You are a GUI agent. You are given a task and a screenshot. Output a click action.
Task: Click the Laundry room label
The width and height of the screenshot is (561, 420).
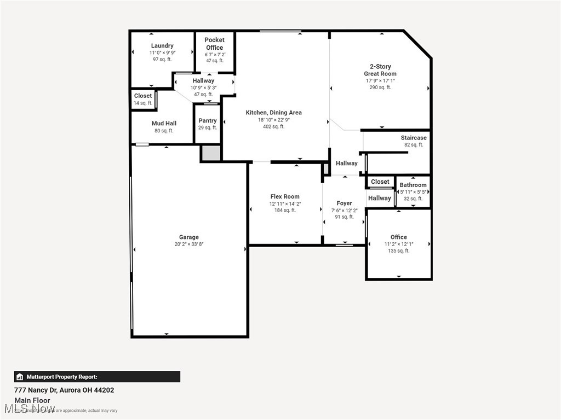[x=162, y=45]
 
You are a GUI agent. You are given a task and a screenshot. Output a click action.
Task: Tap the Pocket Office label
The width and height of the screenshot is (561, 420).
[x=214, y=44]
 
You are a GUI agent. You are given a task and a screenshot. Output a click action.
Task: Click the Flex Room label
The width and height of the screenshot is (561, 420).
[x=285, y=196]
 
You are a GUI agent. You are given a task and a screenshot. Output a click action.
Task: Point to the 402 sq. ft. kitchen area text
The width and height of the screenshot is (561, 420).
[x=273, y=126]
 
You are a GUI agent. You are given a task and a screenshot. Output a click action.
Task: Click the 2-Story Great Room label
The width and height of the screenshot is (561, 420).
[x=380, y=70]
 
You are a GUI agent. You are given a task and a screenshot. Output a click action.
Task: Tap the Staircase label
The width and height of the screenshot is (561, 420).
[x=414, y=138]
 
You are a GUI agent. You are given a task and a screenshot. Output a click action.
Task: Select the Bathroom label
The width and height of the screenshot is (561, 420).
[x=413, y=185]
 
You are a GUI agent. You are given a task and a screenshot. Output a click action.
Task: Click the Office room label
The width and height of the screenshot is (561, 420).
[x=398, y=237]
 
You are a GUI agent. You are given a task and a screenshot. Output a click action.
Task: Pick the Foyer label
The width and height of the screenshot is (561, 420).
[x=344, y=203]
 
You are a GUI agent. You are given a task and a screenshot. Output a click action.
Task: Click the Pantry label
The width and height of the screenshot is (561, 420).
[x=208, y=120]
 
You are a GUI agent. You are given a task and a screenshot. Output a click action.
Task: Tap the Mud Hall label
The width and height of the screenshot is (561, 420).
[x=164, y=123]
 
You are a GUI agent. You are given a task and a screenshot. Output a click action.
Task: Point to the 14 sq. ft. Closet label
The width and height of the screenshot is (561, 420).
[x=143, y=103]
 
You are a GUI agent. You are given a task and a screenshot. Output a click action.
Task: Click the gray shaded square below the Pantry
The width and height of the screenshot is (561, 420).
[x=210, y=153]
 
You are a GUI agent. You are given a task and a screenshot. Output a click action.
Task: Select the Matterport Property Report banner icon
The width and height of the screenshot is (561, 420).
[x=20, y=377]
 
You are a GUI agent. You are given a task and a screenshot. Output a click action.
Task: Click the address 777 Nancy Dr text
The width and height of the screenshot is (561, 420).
[x=64, y=390]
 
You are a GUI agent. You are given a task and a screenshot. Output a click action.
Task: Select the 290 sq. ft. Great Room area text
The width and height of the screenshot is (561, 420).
[x=380, y=87]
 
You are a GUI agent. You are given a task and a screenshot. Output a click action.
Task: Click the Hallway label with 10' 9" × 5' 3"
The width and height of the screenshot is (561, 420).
[x=203, y=80]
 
